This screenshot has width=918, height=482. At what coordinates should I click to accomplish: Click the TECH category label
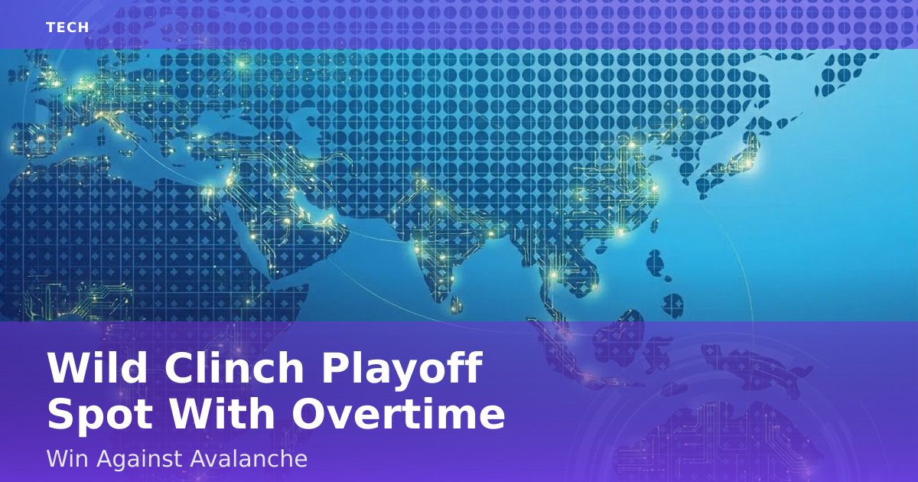pos(67,28)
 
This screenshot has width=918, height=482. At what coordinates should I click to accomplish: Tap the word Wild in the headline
pos(97,367)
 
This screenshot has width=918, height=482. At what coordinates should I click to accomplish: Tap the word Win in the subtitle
pos(67,458)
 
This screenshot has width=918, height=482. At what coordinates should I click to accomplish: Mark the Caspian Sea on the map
pos(305,131)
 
